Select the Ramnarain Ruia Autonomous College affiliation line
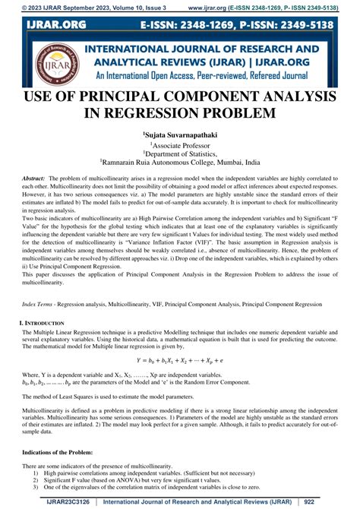tap(180, 162)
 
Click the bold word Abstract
tap(33, 177)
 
